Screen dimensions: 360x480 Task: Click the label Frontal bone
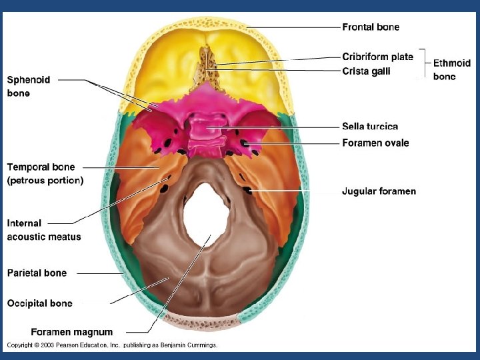pyautogui.click(x=371, y=27)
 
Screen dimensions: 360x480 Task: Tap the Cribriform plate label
pyautogui.click(x=377, y=57)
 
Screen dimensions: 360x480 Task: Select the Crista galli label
pyautogui.click(x=366, y=71)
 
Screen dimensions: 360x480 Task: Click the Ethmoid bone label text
pyautogui.click(x=452, y=70)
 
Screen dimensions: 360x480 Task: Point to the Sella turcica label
pyautogui.click(x=370, y=126)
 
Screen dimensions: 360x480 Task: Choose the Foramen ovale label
pyautogui.click(x=375, y=143)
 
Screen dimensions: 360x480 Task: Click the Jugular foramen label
pyautogui.click(x=379, y=191)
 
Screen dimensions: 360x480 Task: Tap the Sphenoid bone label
pyautogui.click(x=29, y=87)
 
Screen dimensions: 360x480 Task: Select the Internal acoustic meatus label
pyautogui.click(x=44, y=230)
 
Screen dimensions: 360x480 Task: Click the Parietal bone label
pyautogui.click(x=37, y=273)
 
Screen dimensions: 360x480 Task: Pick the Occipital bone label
pyautogui.click(x=40, y=303)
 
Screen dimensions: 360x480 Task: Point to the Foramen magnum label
pyautogui.click(x=72, y=331)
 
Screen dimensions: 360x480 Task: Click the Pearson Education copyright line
pyautogui.click(x=112, y=345)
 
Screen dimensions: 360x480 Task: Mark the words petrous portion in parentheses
pyautogui.click(x=45, y=180)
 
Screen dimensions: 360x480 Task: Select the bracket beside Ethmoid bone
pyautogui.click(x=425, y=63)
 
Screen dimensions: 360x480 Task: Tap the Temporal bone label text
pyautogui.click(x=41, y=167)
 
